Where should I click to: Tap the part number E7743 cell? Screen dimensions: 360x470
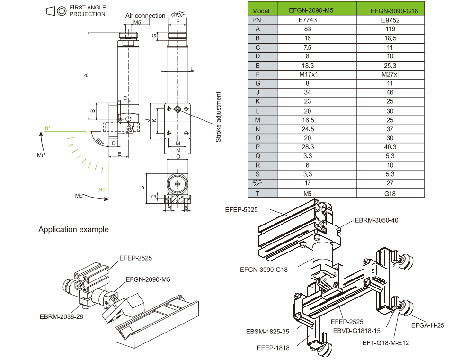[x=307, y=20]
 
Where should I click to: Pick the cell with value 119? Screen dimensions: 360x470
[x=390, y=29]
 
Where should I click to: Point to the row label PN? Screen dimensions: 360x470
[x=257, y=20]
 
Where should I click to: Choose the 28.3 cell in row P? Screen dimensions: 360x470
[x=307, y=147]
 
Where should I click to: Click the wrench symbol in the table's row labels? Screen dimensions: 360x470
[x=257, y=183]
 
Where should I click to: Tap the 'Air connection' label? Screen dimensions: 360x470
[x=145, y=16]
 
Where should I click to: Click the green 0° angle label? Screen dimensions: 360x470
[x=47, y=128]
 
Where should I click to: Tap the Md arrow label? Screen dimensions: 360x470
[x=79, y=196]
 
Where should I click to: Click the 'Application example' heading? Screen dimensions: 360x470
[x=73, y=230]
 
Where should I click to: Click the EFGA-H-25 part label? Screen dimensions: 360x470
[x=428, y=325]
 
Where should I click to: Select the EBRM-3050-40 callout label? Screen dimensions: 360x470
[x=376, y=221]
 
